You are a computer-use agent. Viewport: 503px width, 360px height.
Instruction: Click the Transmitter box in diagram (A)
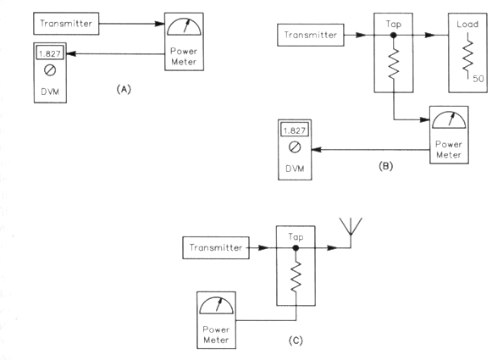coord(66,24)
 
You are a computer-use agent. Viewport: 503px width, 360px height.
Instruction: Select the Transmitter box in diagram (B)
coord(311,35)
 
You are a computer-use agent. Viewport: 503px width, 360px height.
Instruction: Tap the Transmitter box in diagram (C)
coord(216,247)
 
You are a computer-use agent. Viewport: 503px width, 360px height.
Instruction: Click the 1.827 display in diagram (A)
coord(50,53)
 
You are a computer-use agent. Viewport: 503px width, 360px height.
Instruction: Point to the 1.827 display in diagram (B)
coord(295,130)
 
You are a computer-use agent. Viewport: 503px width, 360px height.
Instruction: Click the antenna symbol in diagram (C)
coord(351,230)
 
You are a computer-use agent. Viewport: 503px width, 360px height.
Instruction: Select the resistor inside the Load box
coord(467,56)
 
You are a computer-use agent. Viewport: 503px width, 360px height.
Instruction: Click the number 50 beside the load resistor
coord(478,79)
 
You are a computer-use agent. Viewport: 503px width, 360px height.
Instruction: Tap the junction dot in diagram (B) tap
coord(393,36)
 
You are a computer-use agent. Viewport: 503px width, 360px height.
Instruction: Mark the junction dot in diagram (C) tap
coord(296,247)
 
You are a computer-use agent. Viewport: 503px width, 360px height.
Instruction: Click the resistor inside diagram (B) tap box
coord(394,64)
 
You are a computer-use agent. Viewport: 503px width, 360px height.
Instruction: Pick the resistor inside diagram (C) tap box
coord(296,277)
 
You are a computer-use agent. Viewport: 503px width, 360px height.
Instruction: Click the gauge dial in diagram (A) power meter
coord(184,27)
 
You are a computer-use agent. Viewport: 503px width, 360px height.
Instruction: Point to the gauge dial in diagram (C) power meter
coord(216,306)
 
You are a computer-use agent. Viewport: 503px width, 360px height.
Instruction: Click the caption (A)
coord(124,89)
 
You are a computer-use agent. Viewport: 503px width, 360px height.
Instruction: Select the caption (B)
coord(385,166)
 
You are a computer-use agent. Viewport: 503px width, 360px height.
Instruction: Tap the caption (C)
coord(296,341)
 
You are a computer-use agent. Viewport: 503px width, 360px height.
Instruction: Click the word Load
coord(467,25)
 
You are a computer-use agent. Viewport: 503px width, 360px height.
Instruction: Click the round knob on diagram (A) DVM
coord(50,70)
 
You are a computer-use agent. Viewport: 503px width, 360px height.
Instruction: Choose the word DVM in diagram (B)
coord(295,169)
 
